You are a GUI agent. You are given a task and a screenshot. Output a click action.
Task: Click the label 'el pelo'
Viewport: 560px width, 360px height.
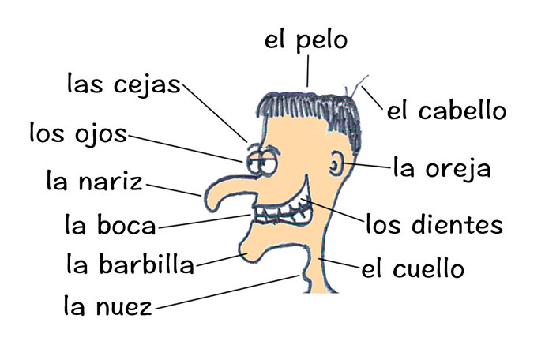tap(306, 41)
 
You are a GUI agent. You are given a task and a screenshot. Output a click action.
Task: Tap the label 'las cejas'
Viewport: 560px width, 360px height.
tap(124, 85)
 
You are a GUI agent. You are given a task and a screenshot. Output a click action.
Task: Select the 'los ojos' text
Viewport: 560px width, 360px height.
tap(78, 133)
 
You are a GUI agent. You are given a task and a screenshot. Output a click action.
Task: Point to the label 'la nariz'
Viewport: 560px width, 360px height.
tap(94, 181)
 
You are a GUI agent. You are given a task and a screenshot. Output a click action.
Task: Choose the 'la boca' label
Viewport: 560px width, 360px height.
tap(111, 224)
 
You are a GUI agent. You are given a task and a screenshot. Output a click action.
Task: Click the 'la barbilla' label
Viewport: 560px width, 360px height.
tap(130, 264)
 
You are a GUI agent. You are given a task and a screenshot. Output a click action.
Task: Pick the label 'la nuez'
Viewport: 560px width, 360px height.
tap(107, 306)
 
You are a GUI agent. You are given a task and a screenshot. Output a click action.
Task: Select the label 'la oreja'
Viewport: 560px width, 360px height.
tap(442, 168)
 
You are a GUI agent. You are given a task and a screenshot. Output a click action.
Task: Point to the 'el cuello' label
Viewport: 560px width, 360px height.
tap(412, 268)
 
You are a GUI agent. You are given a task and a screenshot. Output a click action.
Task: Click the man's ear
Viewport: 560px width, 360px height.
tap(336, 165)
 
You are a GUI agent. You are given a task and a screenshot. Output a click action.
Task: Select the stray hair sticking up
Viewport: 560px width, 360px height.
tap(357, 87)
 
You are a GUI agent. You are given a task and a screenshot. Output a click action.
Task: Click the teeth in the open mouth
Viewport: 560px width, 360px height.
tap(282, 213)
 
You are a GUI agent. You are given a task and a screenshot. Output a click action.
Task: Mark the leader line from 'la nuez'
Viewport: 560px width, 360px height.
tap(227, 292)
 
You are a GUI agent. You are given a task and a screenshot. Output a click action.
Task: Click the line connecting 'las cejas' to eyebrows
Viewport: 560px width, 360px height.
tap(215, 113)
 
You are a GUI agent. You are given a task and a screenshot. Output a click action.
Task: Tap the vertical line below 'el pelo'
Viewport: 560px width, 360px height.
tap(307, 71)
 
